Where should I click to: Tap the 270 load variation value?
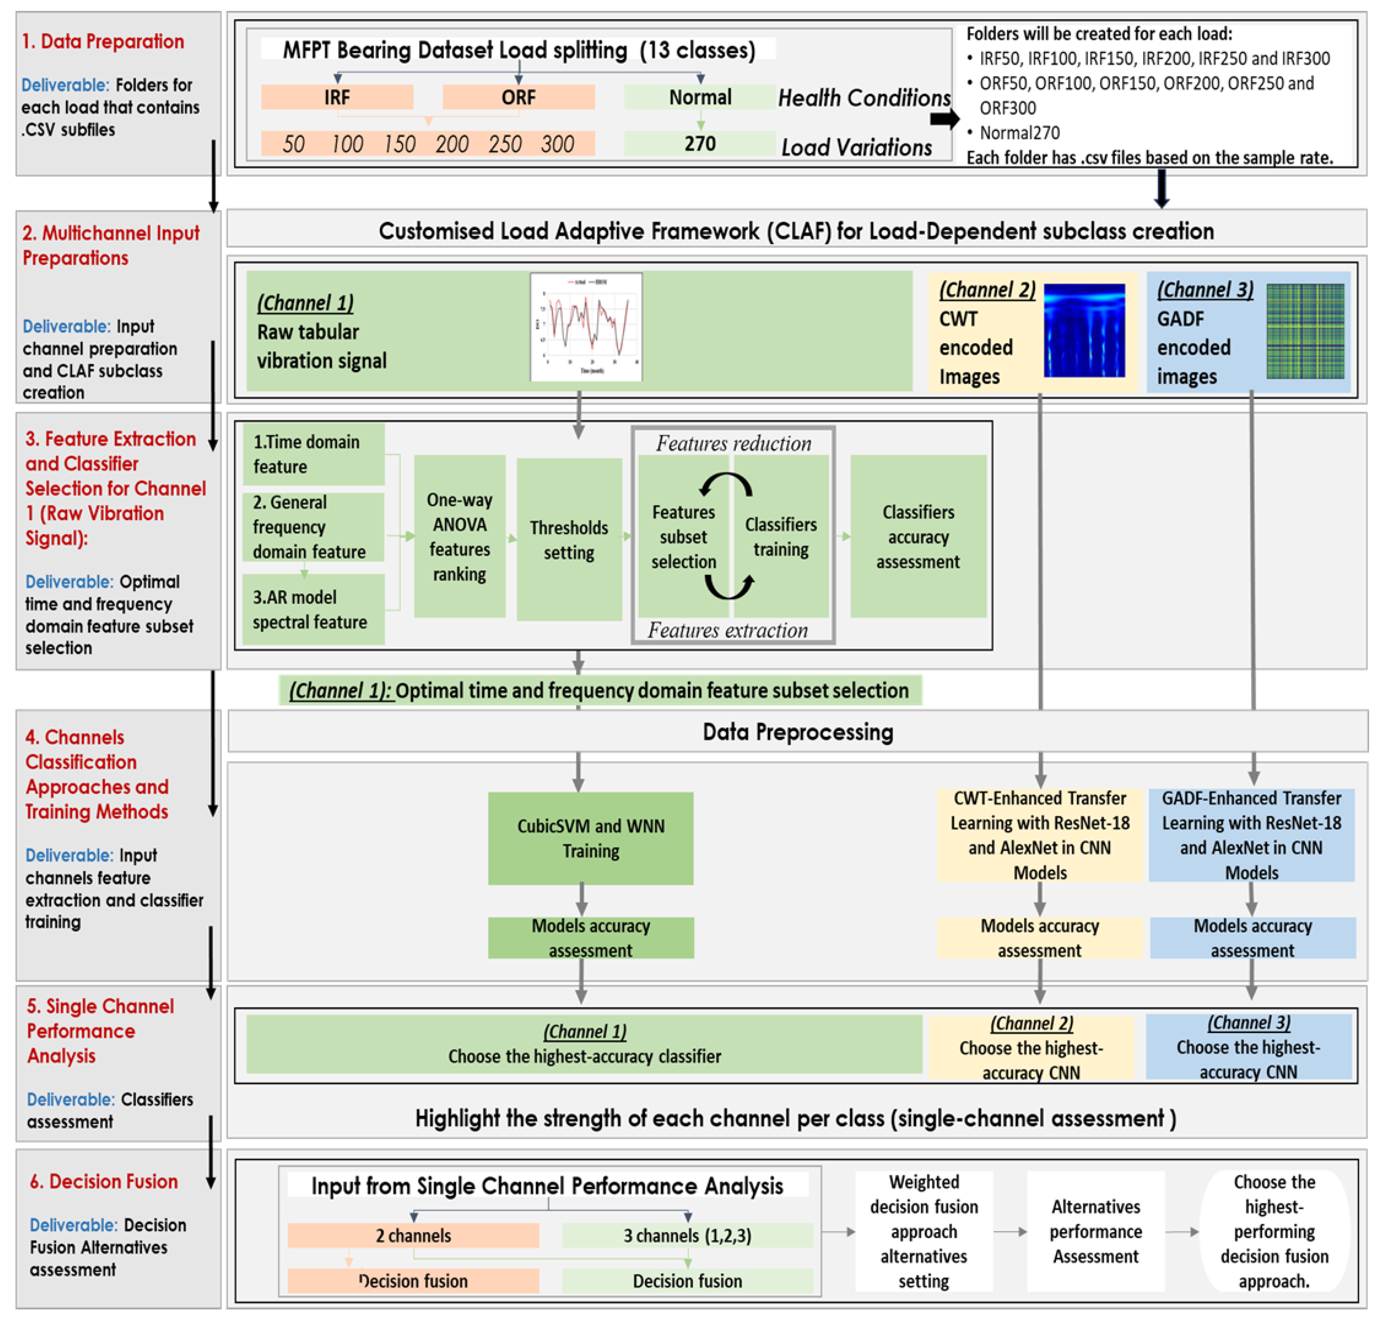tap(700, 143)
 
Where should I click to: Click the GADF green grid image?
tap(1305, 330)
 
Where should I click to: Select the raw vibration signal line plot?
tap(586, 327)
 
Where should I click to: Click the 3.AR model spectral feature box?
tap(313, 609)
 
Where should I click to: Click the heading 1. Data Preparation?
tap(102, 41)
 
